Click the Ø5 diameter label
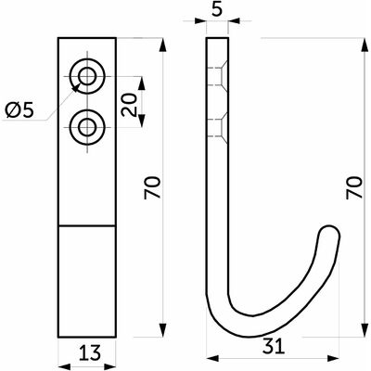click(19, 110)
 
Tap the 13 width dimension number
click(89, 353)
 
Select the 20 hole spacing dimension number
click(129, 105)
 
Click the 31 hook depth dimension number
click(274, 346)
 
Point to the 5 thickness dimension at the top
click(218, 10)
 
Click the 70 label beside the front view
click(153, 187)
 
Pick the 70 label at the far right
click(354, 187)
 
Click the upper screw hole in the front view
click(87, 76)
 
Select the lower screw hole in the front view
click(87, 127)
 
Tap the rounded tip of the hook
click(329, 233)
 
